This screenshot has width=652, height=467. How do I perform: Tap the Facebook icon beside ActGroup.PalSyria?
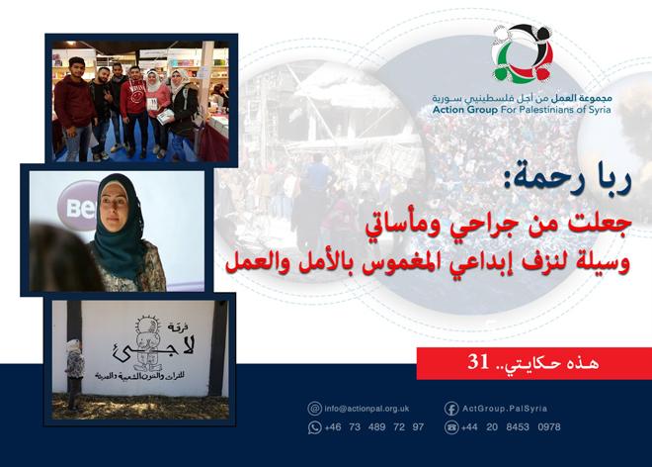click(450, 408)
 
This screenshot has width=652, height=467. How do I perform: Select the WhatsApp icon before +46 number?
click(315, 427)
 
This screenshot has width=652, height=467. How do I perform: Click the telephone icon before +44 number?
click(450, 427)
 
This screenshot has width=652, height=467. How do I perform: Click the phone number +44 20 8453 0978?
click(511, 427)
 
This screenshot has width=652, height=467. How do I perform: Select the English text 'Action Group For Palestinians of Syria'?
click(522, 111)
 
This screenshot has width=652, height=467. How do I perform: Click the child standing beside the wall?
click(74, 372)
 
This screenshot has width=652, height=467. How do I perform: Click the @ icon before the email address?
click(315, 408)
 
